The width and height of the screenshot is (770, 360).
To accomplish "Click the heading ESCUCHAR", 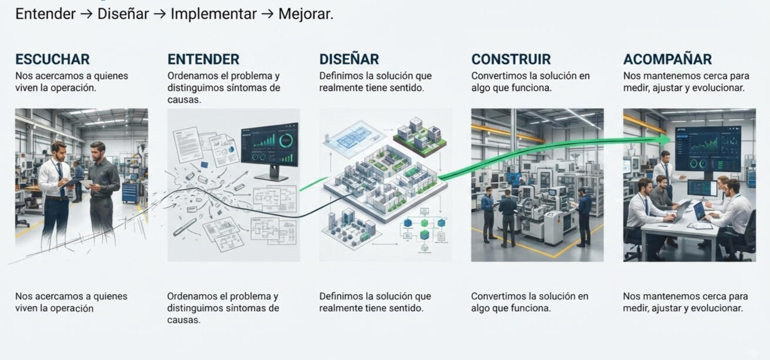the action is pyautogui.click(x=52, y=59).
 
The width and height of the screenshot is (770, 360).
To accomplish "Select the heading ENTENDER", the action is pyautogui.click(x=203, y=59).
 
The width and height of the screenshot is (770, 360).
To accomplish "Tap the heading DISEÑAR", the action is pyautogui.click(x=349, y=59).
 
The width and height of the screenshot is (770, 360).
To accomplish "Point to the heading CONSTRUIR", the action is pyautogui.click(x=511, y=59).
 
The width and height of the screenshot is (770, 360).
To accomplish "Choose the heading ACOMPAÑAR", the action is pyautogui.click(x=667, y=59).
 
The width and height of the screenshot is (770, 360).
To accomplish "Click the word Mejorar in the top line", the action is pyautogui.click(x=305, y=14).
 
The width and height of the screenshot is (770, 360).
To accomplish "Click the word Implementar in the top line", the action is pyautogui.click(x=213, y=14).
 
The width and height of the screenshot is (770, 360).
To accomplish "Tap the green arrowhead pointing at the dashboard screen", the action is pyautogui.click(x=665, y=139).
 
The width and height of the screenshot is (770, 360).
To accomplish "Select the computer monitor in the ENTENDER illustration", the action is pyautogui.click(x=270, y=152).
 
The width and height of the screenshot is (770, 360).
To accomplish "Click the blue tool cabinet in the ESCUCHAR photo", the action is pyautogui.click(x=130, y=193).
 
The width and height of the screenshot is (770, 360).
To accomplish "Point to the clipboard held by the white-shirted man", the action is pyautogui.click(x=71, y=183).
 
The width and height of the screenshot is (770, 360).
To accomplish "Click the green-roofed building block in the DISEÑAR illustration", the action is pyautogui.click(x=420, y=137).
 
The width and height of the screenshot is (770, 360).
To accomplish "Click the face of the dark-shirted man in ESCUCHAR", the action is pyautogui.click(x=97, y=151).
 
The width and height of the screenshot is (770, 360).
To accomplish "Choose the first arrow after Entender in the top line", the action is pyautogui.click(x=86, y=15).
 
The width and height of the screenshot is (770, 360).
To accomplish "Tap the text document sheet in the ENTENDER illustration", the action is pyautogui.click(x=187, y=145).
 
